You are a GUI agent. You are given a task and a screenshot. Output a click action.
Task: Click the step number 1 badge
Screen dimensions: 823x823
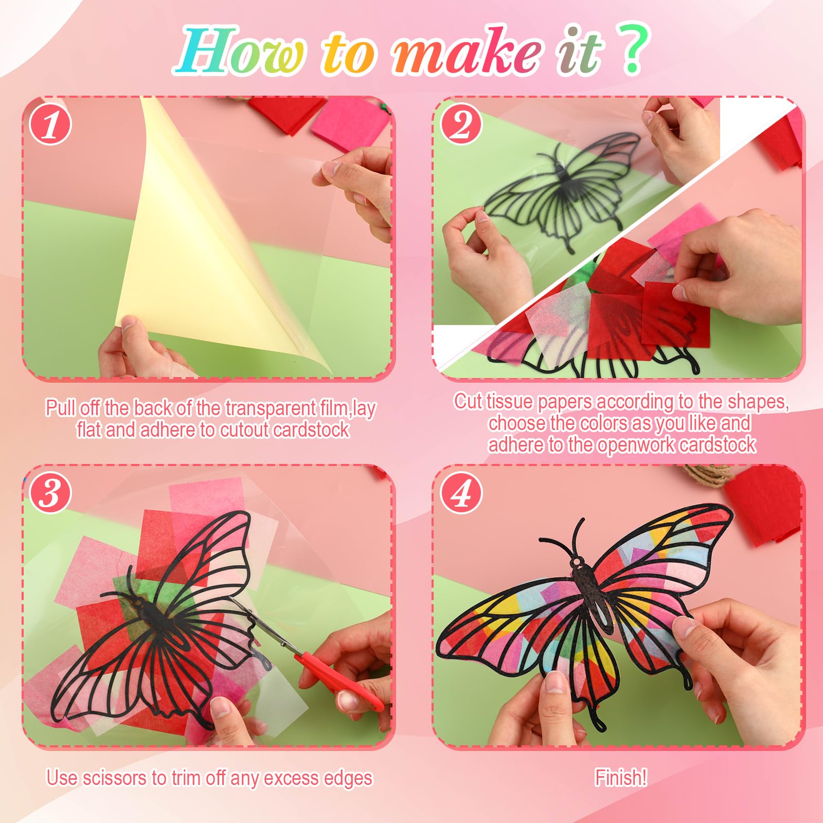click(50, 125)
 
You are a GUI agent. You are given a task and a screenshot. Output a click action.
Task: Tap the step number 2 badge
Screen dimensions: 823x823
click(461, 125)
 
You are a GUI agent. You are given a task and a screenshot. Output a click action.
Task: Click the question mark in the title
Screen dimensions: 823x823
click(634, 50)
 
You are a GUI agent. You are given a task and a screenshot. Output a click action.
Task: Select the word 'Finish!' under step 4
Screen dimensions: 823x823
click(621, 777)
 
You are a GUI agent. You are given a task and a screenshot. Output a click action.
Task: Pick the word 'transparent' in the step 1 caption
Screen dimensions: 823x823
click(271, 408)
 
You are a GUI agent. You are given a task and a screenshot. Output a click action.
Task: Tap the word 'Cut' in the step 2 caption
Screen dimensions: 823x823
click(468, 402)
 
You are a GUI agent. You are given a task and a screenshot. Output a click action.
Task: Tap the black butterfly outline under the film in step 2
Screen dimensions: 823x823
click(561, 185)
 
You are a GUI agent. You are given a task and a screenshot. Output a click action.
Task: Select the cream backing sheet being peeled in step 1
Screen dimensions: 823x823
click(195, 247)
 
